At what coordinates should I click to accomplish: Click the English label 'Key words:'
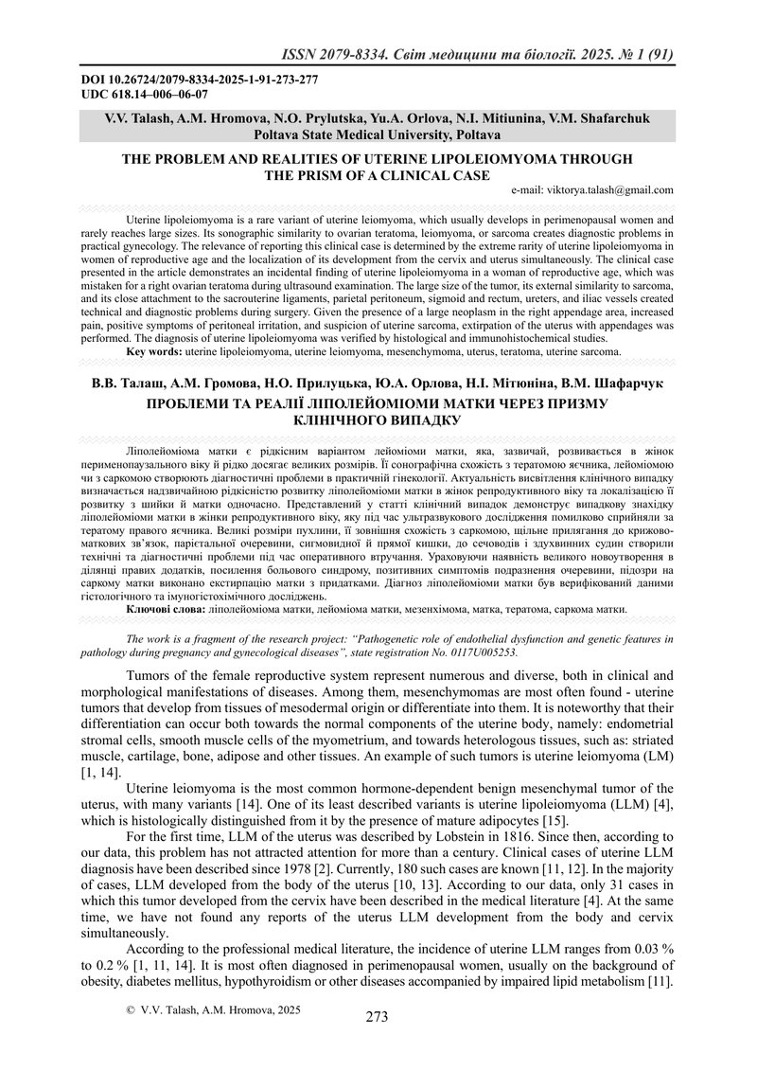point(155,351)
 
